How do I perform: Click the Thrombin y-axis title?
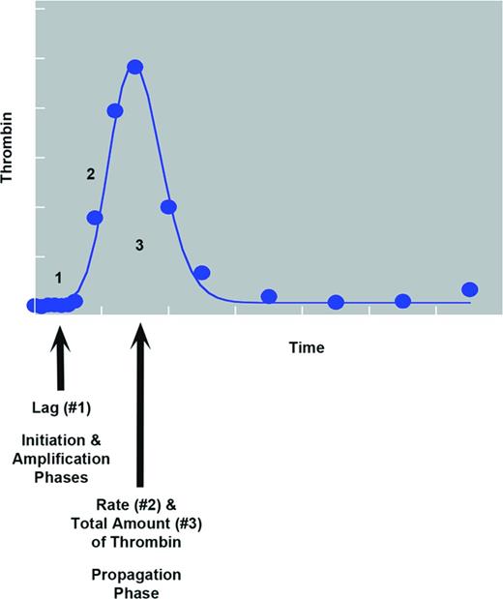[9, 158]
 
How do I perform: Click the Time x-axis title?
[306, 347]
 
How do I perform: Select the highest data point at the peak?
[135, 67]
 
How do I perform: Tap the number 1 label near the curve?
[58, 278]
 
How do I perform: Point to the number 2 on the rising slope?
[90, 174]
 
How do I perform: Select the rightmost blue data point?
[470, 289]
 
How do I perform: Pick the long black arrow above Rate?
[141, 406]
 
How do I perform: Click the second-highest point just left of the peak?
[115, 110]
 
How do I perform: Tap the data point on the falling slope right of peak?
[168, 207]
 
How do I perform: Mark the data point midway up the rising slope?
[95, 218]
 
